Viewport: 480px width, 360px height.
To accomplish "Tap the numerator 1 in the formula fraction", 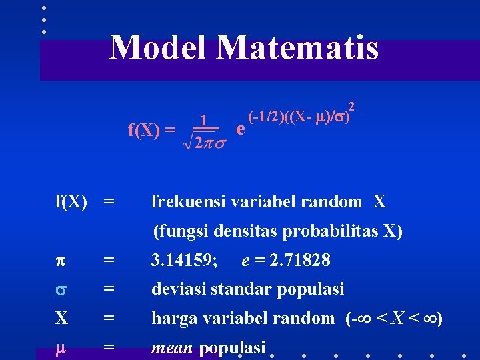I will [x=206, y=121].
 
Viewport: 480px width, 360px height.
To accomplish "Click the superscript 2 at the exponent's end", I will [x=351, y=106].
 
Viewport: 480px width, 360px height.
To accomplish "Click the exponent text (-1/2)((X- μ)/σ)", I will [x=297, y=115].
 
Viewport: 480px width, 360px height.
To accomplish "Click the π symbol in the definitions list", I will [x=61, y=261].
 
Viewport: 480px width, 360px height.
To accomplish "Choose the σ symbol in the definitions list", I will [x=61, y=289].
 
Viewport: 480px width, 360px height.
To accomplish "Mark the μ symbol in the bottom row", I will [x=61, y=347].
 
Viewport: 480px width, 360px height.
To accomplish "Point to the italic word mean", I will [x=173, y=347].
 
